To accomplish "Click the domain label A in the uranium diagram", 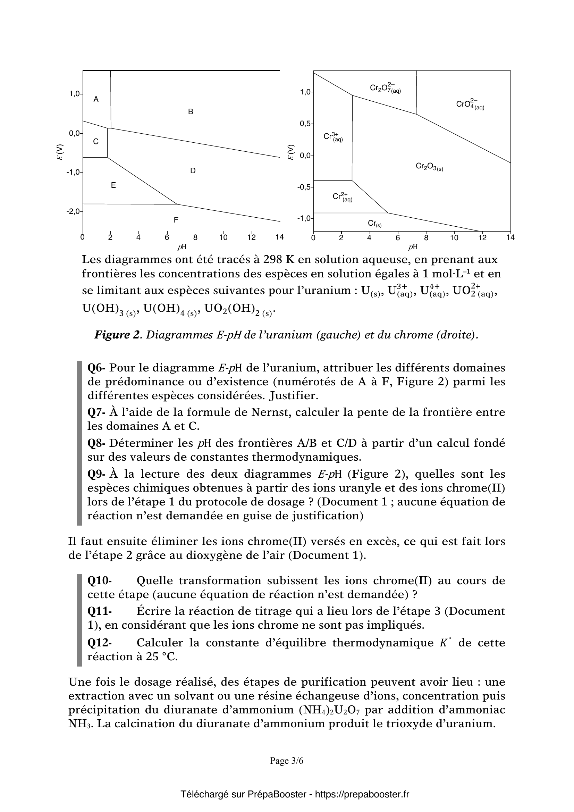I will [x=96, y=100].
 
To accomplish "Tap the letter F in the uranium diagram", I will [x=176, y=220].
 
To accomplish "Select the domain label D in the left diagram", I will [x=193, y=171].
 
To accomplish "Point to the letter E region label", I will [x=113, y=185].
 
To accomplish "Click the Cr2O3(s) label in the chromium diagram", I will [x=429, y=167].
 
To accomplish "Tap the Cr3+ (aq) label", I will [x=333, y=137].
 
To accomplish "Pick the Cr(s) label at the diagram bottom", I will [x=375, y=224].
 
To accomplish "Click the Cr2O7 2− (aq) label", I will [x=385, y=88].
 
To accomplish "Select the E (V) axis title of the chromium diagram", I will [x=290, y=152].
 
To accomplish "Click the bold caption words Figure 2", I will [x=117, y=335].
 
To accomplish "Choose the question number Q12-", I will [x=100, y=643].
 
